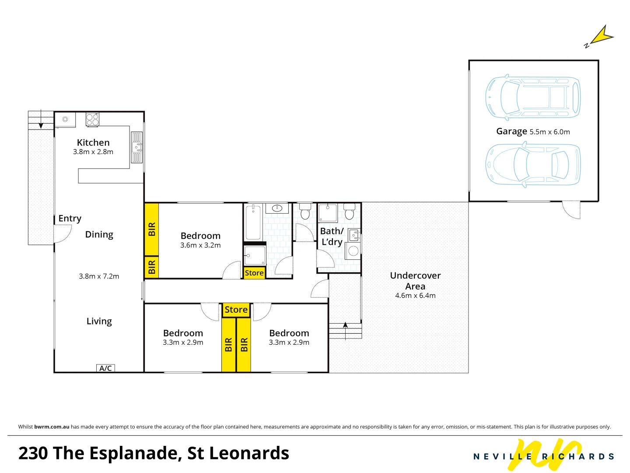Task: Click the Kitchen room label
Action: coord(93,143)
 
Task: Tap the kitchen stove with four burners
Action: coord(92,120)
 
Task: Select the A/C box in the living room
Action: coord(105,368)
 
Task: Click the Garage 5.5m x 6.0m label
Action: coord(533,131)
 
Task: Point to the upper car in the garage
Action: coord(533,97)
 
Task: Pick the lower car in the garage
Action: coord(533,165)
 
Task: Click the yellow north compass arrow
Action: coord(602,35)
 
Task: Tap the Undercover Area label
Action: coord(415,281)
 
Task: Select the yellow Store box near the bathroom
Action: coord(254,273)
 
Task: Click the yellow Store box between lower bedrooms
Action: coord(236,310)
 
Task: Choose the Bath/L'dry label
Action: coord(332,236)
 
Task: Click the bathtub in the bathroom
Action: coord(253,222)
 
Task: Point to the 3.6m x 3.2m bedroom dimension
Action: coord(200,245)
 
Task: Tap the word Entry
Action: coord(70,219)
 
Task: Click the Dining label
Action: coord(99,235)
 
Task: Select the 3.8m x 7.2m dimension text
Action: coord(99,276)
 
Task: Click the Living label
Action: coord(99,321)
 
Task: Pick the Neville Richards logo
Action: coord(544,455)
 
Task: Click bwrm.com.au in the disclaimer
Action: coord(52,427)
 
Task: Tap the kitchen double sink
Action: coord(137,148)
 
